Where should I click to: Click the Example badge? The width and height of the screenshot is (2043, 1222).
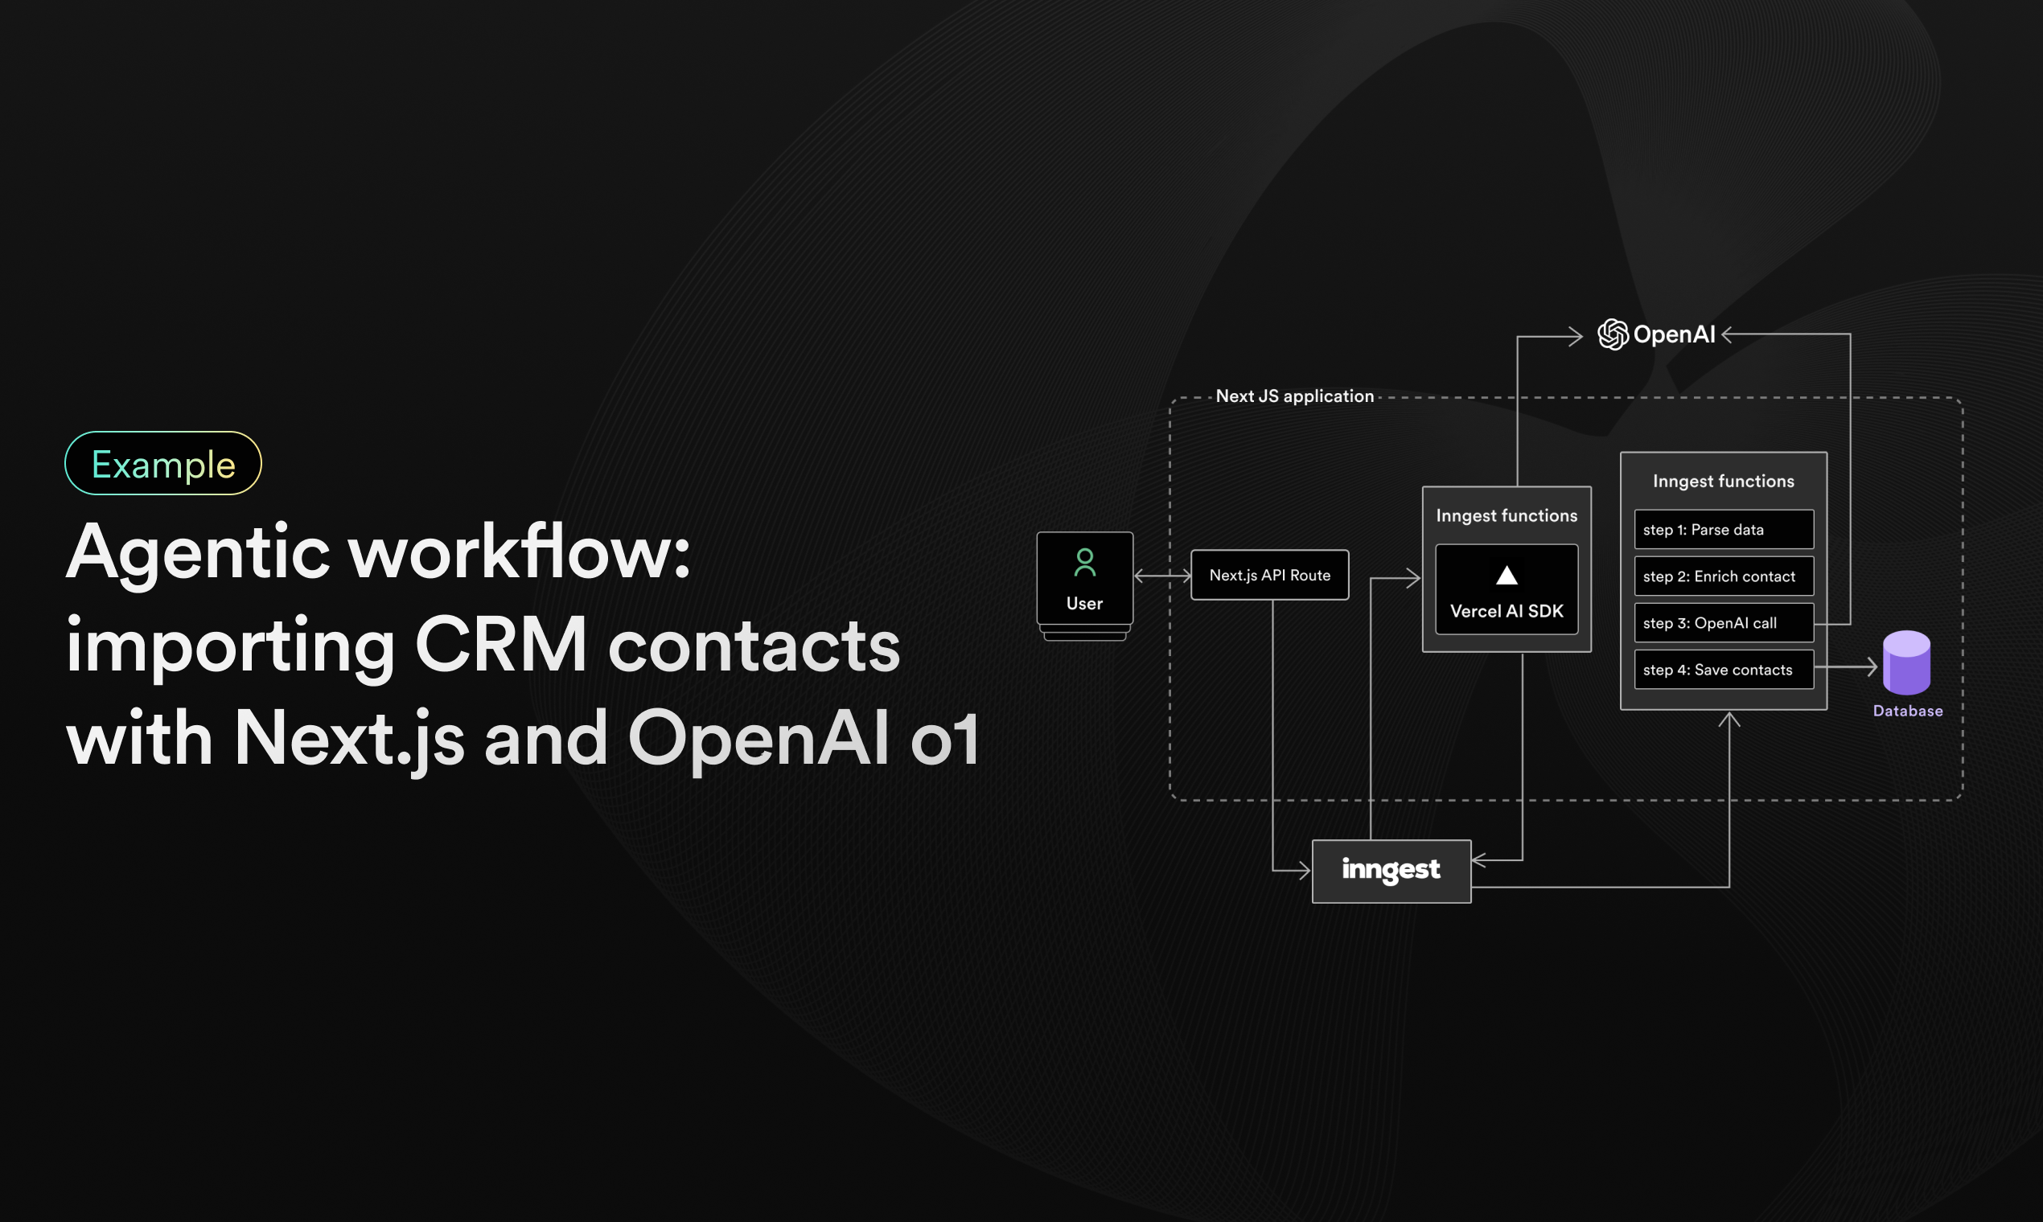click(x=163, y=464)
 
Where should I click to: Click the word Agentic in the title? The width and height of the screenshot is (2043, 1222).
click(x=198, y=553)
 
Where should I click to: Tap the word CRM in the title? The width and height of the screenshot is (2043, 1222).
click(x=501, y=646)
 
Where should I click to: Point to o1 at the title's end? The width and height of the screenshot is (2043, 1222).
click(x=945, y=739)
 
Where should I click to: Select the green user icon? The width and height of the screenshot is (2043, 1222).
click(x=1085, y=564)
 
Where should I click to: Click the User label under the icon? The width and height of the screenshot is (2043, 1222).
click(x=1084, y=604)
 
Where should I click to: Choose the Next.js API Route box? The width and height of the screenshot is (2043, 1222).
click(x=1269, y=575)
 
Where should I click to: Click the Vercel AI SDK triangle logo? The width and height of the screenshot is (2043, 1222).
click(x=1507, y=575)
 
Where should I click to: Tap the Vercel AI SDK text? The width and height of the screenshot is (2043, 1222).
click(x=1507, y=611)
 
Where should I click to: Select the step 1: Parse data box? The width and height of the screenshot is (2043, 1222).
click(x=1724, y=530)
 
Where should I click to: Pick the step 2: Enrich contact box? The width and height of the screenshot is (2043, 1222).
click(x=1724, y=576)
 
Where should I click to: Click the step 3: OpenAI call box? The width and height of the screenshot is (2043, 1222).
click(x=1724, y=623)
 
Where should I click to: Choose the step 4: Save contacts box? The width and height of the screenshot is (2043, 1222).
click(x=1724, y=670)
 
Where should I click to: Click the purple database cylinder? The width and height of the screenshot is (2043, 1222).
click(x=1906, y=664)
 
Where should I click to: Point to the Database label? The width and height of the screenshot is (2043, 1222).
click(x=1908, y=711)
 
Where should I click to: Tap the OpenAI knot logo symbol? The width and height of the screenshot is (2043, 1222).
click(x=1612, y=334)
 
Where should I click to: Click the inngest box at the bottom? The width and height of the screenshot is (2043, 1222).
click(x=1391, y=871)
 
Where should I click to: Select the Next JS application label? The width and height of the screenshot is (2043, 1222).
click(x=1294, y=396)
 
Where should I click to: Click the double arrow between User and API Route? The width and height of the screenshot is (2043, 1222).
click(x=1162, y=576)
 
